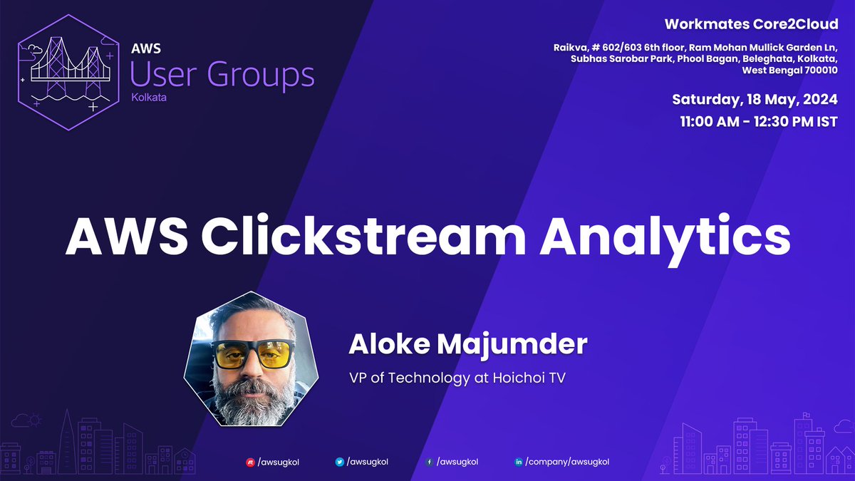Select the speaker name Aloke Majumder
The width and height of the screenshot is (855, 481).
[x=468, y=345]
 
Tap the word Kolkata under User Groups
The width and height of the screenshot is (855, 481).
[x=149, y=98]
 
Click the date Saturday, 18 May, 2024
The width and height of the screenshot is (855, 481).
[x=755, y=100]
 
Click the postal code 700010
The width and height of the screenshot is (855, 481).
[x=818, y=71]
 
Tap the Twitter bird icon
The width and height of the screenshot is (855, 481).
[x=340, y=462]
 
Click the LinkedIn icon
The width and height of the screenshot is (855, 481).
[x=518, y=462]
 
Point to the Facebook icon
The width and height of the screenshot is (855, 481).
[x=429, y=462]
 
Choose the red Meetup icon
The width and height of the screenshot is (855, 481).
[x=250, y=462]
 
